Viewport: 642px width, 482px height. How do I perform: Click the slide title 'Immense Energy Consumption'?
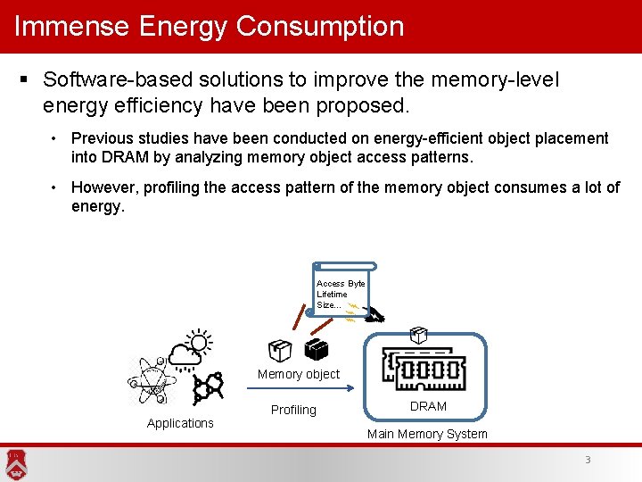210,26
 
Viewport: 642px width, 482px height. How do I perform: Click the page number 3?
588,460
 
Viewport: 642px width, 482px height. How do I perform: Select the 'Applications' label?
180,423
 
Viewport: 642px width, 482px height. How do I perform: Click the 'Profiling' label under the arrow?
293,410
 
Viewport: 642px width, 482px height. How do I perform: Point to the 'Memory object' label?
299,374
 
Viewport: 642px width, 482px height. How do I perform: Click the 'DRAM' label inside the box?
428,406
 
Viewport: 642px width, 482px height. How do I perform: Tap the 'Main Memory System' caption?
427,434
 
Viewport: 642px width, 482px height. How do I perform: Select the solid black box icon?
315,350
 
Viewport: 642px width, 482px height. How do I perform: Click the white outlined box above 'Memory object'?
280,351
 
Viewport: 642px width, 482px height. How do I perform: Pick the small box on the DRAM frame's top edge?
417,336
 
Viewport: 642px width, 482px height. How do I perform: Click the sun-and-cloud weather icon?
190,350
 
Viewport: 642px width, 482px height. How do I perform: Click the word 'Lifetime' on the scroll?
332,294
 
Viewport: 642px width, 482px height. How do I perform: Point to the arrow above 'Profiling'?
303,389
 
